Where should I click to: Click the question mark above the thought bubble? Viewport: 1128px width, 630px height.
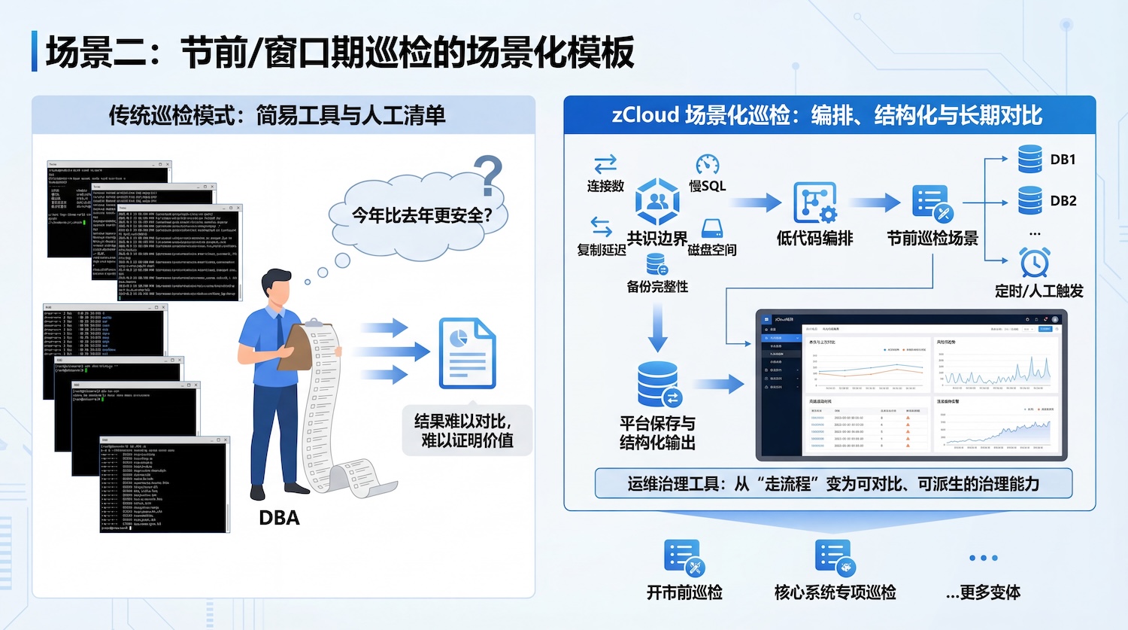(489, 175)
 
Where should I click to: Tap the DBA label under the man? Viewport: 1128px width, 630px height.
(279, 518)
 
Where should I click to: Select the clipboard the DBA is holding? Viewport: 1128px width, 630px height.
(296, 347)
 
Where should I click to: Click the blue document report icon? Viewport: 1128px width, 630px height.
(467, 352)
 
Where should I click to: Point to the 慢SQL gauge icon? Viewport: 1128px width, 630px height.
(708, 165)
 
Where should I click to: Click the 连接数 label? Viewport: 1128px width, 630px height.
(605, 186)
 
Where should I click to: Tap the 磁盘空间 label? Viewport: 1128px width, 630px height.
(711, 250)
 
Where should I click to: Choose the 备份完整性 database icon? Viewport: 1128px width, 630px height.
(656, 264)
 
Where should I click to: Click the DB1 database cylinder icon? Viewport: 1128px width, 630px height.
(1029, 160)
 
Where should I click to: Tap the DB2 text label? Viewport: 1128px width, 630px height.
(1063, 201)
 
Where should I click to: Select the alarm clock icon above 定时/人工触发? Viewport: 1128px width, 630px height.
(1035, 262)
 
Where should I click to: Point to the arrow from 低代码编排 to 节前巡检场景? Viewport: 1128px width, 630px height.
(875, 202)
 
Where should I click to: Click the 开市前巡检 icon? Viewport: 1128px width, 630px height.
(684, 558)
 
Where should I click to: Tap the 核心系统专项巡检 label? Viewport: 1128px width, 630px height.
(835, 592)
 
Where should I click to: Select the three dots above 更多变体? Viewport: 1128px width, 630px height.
(983, 558)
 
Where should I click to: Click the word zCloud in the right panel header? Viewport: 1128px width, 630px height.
(645, 115)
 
